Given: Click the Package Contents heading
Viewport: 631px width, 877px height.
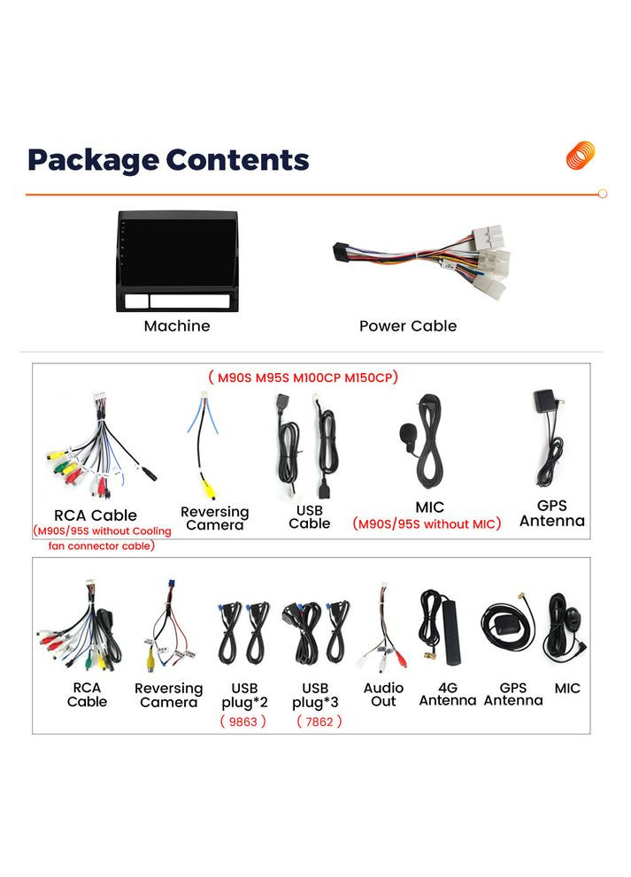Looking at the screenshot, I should [x=168, y=160].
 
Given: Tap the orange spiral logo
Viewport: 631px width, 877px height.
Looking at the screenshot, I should [x=581, y=156].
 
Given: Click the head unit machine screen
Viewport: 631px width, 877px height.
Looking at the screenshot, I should [x=178, y=250].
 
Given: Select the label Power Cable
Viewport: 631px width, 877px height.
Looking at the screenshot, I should [x=408, y=326].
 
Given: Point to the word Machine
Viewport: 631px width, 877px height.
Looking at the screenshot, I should [x=177, y=326].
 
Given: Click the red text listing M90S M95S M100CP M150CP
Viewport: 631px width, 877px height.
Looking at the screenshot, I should [x=303, y=377].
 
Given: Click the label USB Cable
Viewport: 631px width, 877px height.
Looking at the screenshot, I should [x=309, y=517].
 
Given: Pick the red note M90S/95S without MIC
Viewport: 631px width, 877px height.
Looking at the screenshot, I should [x=427, y=523].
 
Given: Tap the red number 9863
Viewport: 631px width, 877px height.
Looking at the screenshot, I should [x=242, y=721].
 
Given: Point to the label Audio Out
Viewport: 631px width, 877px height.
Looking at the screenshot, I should [x=383, y=694].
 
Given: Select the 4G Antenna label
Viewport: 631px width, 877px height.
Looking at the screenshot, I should [x=447, y=694].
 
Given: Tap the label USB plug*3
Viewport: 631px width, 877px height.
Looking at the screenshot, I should [x=315, y=695].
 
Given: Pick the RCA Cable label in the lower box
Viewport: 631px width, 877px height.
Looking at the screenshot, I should [x=87, y=694].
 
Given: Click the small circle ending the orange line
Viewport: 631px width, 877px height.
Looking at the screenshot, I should [x=603, y=194].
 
